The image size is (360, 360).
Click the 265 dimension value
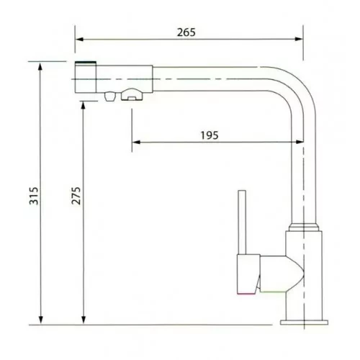[186, 32]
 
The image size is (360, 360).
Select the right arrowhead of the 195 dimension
[297, 143]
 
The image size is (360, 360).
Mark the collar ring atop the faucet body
[302, 229]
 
